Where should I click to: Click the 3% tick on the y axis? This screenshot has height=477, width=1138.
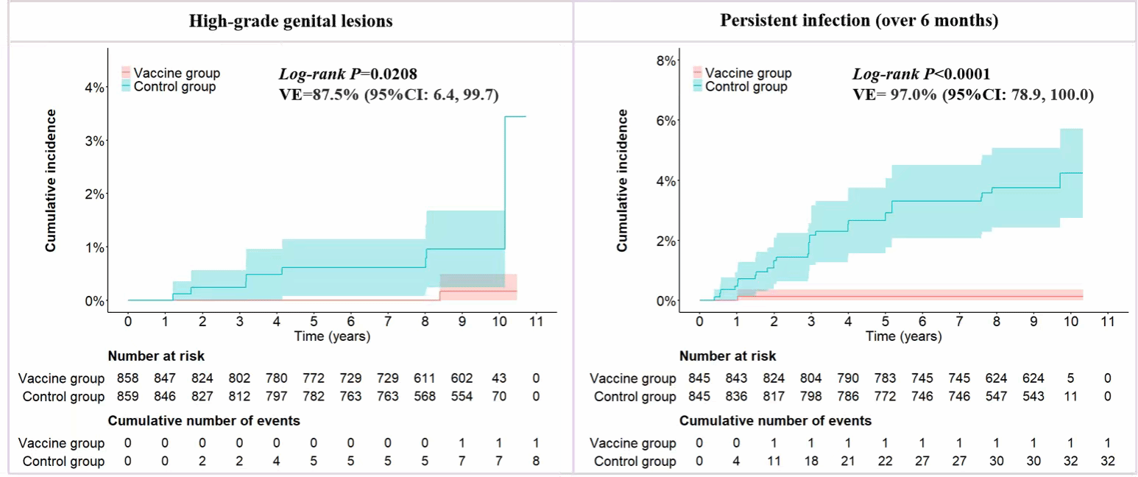coord(96,141)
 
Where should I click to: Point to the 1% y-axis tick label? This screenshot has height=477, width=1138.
coord(96,247)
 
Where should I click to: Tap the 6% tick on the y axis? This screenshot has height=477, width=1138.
coord(667,121)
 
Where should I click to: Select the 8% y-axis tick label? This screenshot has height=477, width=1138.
coord(667,61)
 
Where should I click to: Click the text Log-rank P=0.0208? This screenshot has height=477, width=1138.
coord(348,74)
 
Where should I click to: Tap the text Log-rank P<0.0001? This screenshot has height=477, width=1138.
coord(921,74)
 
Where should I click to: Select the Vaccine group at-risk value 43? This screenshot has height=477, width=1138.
coord(499,378)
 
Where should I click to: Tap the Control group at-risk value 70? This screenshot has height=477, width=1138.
coord(499,397)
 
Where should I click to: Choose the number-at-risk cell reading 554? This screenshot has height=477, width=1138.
coord(462,397)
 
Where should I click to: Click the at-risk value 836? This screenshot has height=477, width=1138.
coord(736,397)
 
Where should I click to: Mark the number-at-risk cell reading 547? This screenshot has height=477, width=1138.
coord(996,397)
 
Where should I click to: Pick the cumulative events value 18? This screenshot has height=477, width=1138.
coord(810,462)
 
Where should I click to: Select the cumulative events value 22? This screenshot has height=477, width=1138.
coord(885,462)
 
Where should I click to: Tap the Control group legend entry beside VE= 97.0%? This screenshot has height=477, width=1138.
coord(746,87)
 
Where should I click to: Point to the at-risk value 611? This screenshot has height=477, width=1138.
coord(425,378)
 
